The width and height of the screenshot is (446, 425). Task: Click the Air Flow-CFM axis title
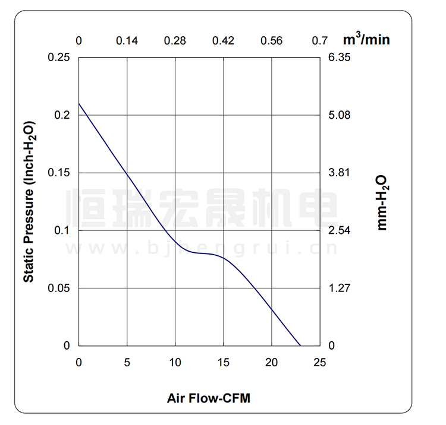208,398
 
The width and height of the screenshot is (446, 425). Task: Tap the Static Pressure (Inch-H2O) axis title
29,202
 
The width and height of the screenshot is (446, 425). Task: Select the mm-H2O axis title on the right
382,202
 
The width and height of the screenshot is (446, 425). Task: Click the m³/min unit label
366,40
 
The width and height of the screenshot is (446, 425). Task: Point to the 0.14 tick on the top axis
127,40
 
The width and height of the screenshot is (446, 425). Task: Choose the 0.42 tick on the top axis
224,40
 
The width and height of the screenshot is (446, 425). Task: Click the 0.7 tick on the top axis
320,40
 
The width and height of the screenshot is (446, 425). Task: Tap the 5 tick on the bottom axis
127,362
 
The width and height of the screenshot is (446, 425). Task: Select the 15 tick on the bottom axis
224,362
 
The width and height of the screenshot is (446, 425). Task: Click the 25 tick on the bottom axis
320,362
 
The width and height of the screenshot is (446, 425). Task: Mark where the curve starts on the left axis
79,103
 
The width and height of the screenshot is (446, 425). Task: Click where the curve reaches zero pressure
300,345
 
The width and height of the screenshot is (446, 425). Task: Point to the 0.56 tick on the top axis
272,40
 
